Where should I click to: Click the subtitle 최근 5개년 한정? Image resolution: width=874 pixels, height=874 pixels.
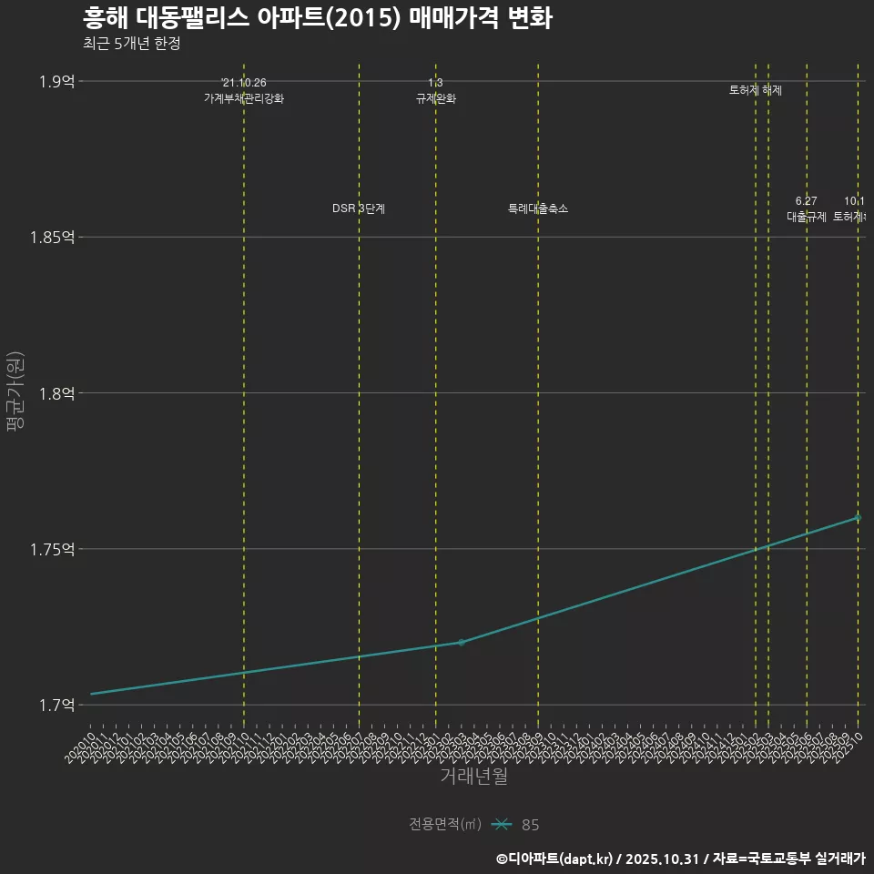[131, 43]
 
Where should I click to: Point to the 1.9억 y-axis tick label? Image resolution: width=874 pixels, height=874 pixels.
[56, 81]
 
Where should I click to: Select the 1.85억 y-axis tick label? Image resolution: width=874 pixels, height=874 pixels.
[53, 237]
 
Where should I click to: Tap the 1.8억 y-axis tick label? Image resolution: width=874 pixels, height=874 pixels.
[56, 393]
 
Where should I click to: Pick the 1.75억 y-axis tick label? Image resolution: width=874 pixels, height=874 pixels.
[53, 549]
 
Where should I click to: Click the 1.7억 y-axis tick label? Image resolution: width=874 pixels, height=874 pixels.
[56, 705]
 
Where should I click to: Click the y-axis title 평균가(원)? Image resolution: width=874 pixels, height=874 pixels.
[15, 392]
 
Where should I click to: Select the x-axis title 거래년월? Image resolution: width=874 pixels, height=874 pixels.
[473, 776]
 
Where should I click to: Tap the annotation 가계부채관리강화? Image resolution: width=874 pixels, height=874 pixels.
[244, 98]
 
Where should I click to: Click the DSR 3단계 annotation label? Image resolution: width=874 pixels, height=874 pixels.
[359, 208]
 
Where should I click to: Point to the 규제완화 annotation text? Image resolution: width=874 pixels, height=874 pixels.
[435, 98]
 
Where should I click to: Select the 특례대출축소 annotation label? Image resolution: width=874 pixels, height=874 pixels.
[538, 208]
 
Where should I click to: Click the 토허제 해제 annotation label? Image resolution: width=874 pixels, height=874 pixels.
[756, 90]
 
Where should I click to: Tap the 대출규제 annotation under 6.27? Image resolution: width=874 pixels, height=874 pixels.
[806, 217]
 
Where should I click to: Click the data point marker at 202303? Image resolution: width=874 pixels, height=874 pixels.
[462, 642]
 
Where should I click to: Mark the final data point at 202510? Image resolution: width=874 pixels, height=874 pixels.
[858, 517]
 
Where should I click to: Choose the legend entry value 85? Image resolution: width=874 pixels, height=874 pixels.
[530, 825]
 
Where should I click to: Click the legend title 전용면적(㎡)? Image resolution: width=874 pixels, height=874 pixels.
[444, 824]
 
